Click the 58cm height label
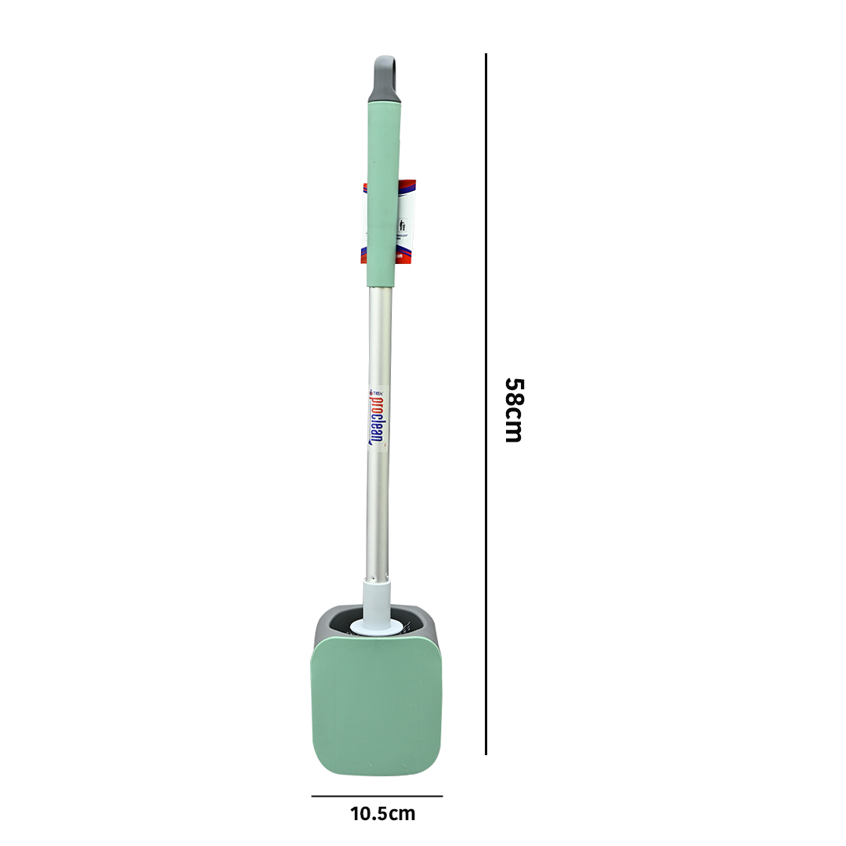pos(513,410)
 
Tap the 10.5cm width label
pos(382,814)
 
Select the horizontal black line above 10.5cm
pos(377,796)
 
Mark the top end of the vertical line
pos(486,55)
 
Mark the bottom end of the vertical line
pos(486,754)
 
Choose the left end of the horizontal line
pos(313,796)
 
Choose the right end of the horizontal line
pos(442,796)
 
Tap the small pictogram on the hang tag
pos(403,226)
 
